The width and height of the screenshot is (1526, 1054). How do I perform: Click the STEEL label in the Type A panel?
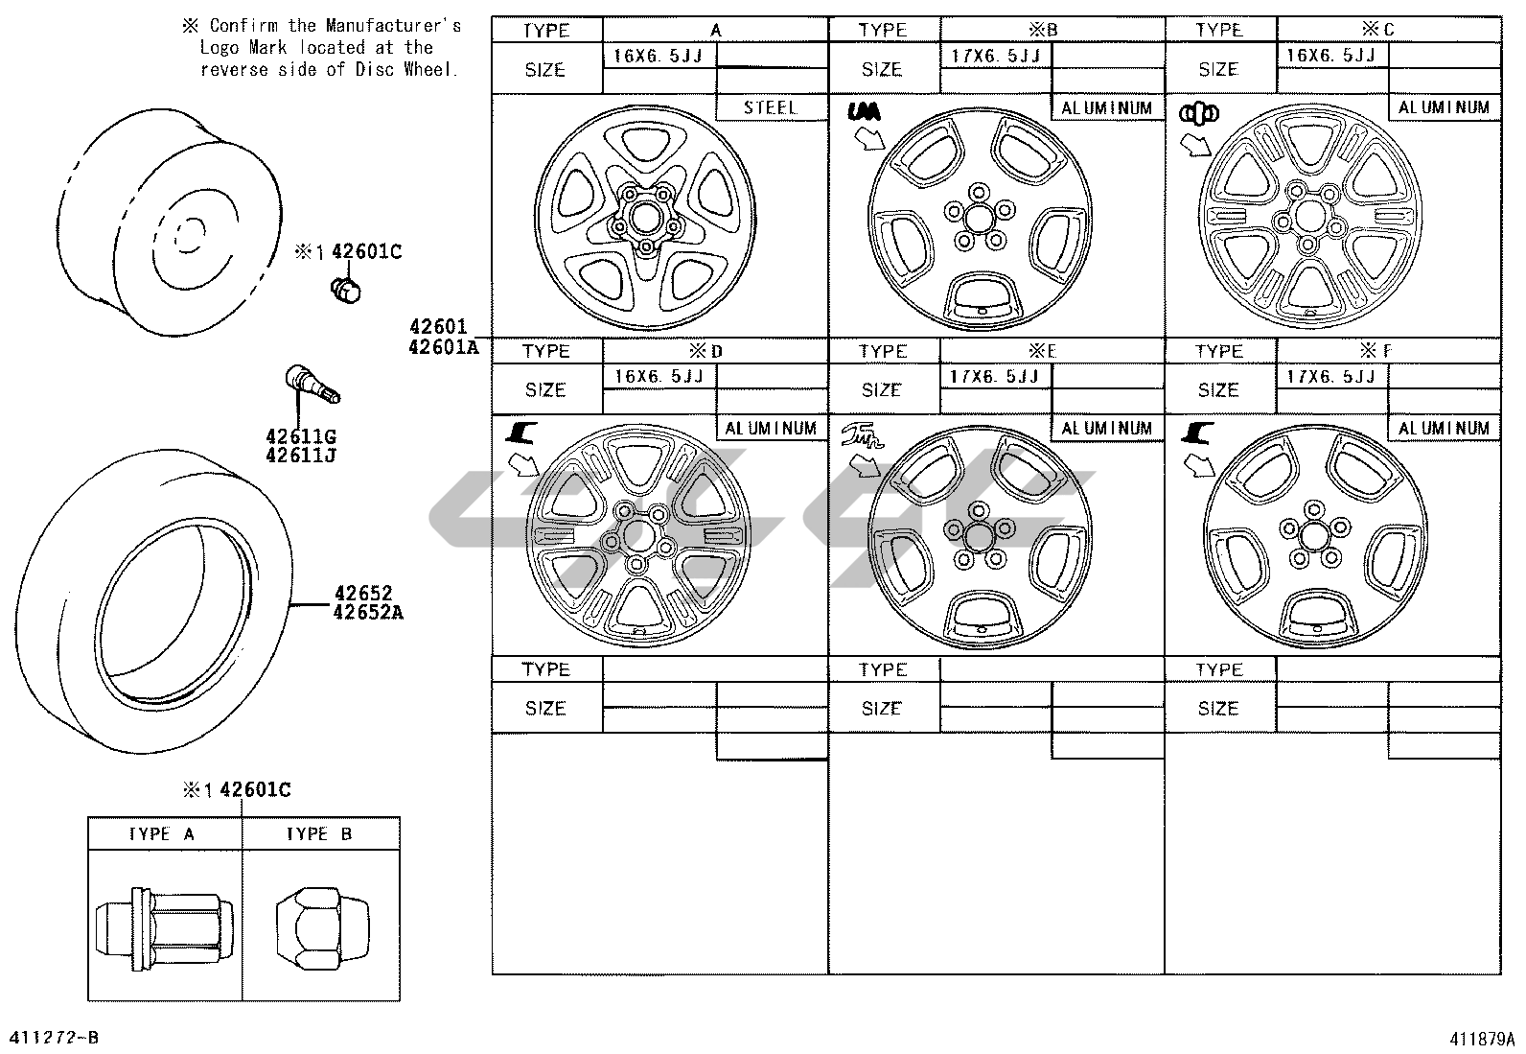[x=770, y=107]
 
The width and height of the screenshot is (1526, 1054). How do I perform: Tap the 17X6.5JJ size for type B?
[x=995, y=56]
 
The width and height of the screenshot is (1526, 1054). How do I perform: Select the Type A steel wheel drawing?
[x=645, y=218]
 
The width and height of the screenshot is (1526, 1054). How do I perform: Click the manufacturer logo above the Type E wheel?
[x=862, y=435]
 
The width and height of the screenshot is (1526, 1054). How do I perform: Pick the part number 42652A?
[x=368, y=612]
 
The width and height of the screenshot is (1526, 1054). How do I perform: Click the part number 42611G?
[x=301, y=435]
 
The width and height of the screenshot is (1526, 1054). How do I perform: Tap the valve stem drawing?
[x=312, y=384]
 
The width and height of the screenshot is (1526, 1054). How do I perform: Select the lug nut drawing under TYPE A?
[x=165, y=928]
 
